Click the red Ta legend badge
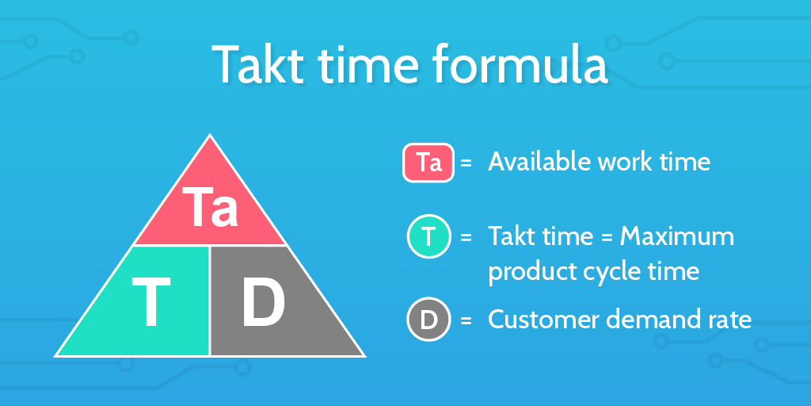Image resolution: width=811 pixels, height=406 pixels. pyautogui.click(x=428, y=163)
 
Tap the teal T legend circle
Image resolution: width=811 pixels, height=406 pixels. pyautogui.click(x=428, y=237)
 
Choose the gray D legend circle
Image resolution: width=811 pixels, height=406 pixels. pyautogui.click(x=428, y=320)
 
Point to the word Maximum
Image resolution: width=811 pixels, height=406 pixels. pyautogui.click(x=677, y=236)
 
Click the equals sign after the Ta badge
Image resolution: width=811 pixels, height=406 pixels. pyautogui.click(x=466, y=163)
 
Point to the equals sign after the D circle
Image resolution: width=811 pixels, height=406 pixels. pyautogui.click(x=466, y=320)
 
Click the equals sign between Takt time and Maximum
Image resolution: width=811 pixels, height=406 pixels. pyautogui.click(x=608, y=237)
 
